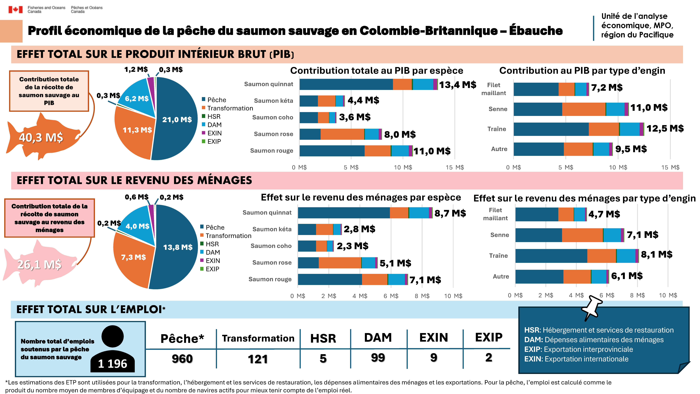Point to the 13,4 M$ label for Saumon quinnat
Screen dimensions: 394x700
coord(458,85)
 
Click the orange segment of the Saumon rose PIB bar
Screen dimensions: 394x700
coord(342,134)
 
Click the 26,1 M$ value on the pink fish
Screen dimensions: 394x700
coord(39,264)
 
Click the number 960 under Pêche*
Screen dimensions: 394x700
coord(182,359)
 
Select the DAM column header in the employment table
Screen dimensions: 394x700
coord(378,337)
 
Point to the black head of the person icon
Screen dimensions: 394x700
coord(113,336)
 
